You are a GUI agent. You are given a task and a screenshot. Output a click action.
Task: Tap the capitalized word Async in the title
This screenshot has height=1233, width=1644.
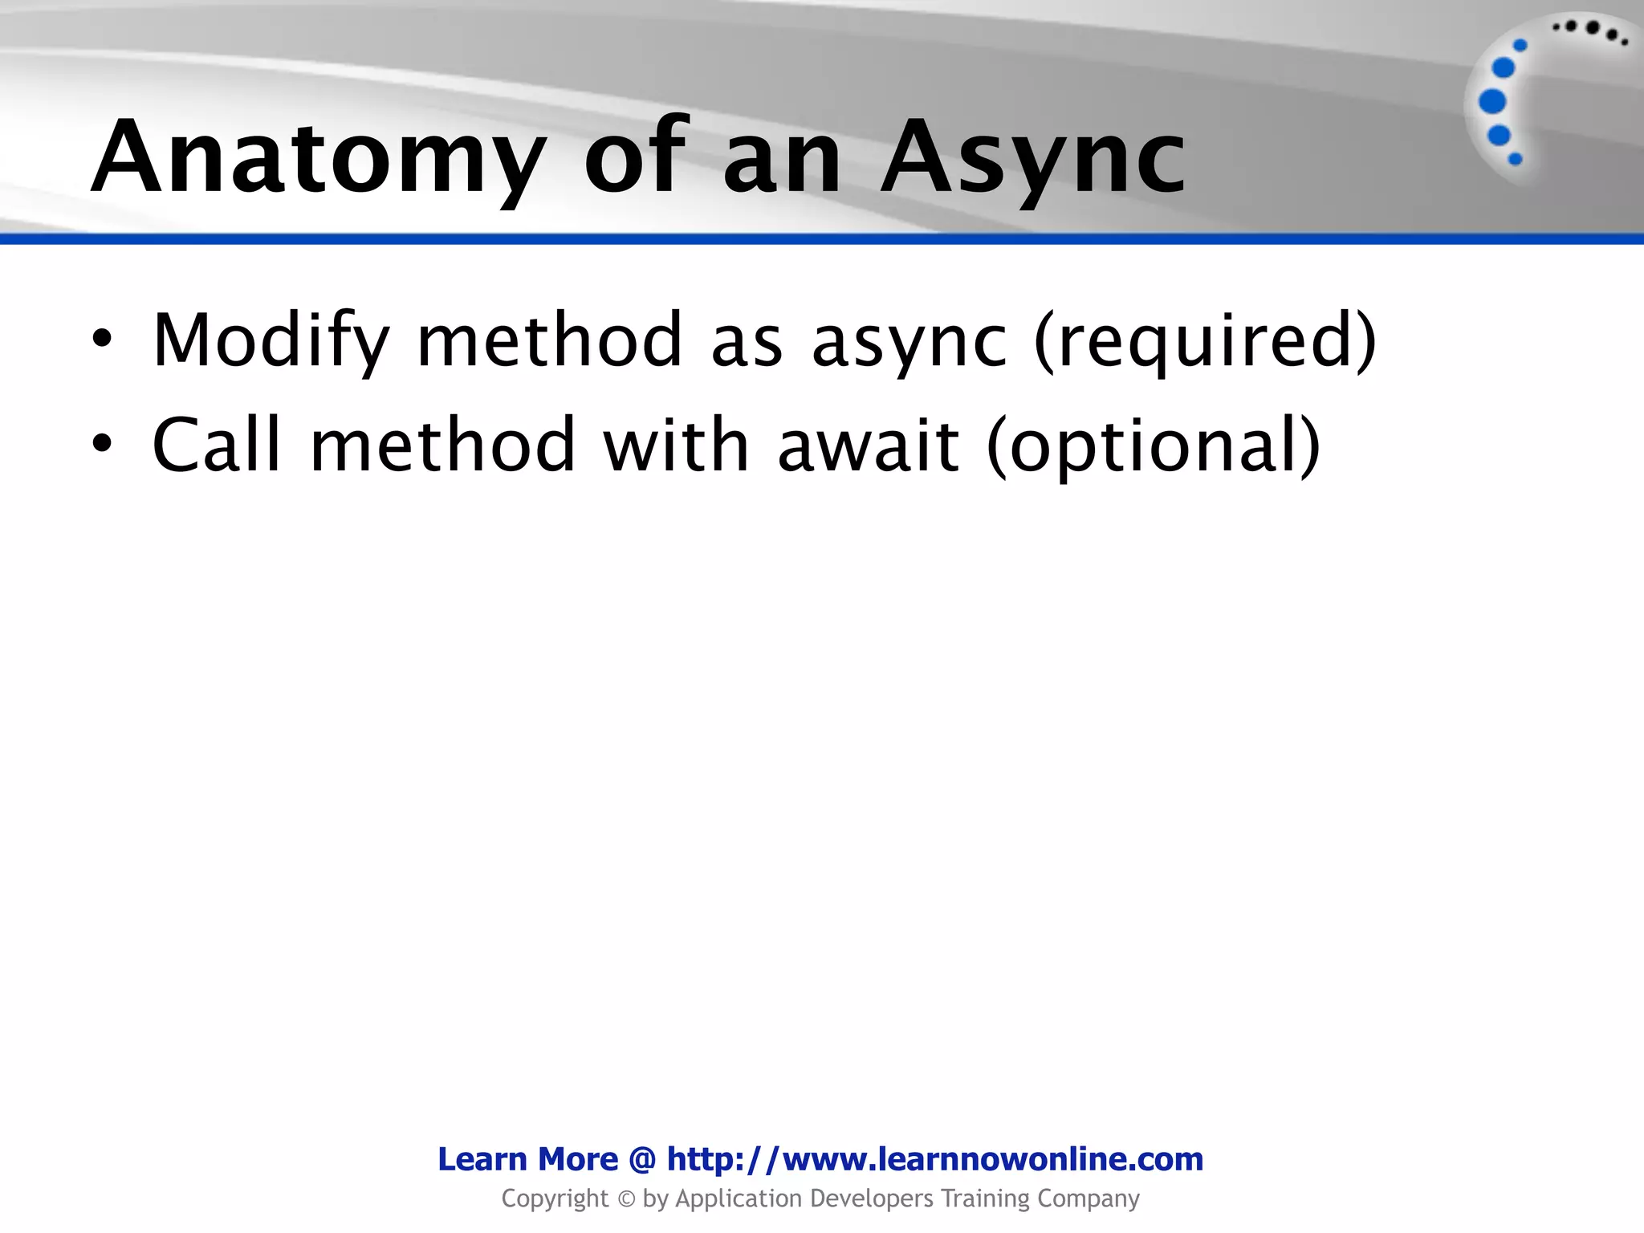point(1033,158)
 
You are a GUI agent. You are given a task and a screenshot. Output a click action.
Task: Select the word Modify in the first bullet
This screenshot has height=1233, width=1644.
point(271,341)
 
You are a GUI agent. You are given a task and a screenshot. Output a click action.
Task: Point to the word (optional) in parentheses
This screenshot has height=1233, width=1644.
point(1154,446)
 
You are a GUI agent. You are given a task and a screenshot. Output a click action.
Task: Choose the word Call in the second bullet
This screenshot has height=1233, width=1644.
point(217,445)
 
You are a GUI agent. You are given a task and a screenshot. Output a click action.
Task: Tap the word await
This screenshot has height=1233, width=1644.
point(869,445)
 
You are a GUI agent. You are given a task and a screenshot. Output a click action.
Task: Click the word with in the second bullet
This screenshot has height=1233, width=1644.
point(676,445)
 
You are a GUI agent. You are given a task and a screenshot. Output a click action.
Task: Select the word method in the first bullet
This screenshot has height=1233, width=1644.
point(550,340)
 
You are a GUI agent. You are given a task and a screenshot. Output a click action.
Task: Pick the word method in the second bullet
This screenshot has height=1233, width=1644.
point(443,445)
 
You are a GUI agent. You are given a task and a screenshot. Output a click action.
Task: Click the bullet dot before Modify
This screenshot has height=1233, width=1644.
point(101,340)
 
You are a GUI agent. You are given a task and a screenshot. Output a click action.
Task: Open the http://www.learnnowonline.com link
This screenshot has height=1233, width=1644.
point(935,1159)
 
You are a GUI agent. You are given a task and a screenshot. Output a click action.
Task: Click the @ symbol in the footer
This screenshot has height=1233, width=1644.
point(643,1160)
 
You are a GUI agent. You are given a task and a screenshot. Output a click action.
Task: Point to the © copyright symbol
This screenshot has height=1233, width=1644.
point(626,1199)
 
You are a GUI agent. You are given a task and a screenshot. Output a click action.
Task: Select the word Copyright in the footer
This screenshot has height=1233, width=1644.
point(555,1199)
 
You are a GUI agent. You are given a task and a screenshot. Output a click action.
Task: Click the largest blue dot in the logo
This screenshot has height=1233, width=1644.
point(1492,102)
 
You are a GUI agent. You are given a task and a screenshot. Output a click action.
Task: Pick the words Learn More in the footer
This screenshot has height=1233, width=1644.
point(527,1159)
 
